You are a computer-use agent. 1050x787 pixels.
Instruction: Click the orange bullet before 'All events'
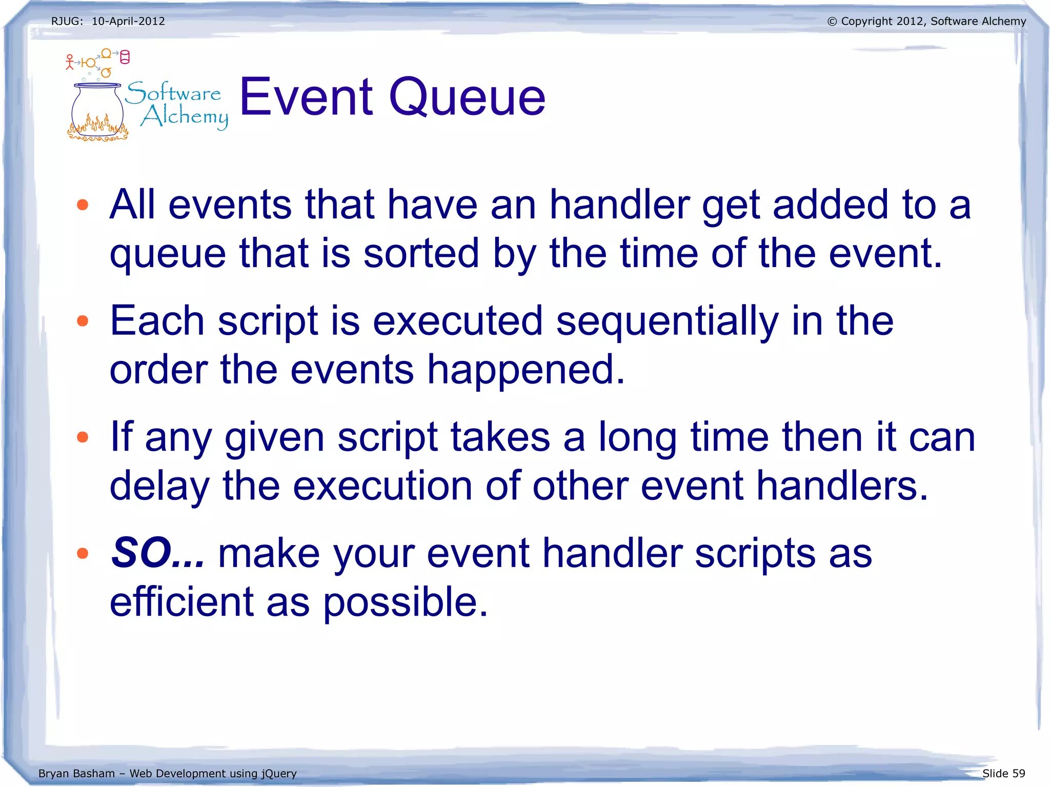tap(83, 205)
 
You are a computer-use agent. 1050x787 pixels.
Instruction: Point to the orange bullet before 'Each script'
tap(83, 321)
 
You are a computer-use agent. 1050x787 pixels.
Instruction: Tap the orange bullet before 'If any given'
tap(83, 437)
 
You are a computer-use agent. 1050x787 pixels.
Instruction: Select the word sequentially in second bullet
tap(667, 321)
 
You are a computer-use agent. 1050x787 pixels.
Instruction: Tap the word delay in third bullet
tap(160, 486)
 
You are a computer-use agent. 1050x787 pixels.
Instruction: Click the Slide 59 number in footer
tap(1003, 773)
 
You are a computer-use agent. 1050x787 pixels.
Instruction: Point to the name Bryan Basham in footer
tap(76, 773)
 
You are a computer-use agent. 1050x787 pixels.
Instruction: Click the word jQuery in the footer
tap(278, 774)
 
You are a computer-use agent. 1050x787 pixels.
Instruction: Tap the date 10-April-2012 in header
tap(128, 21)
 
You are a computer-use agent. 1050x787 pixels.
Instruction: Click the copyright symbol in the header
tap(832, 22)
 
